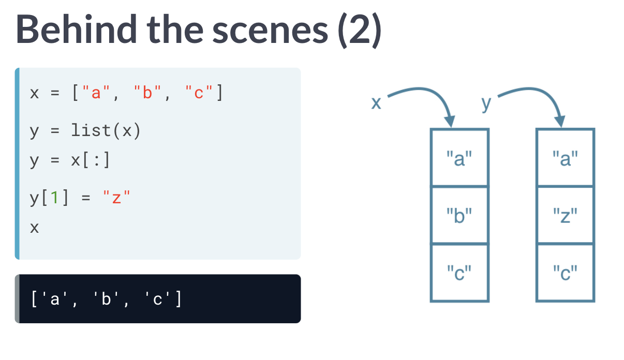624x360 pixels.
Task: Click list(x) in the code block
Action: pos(106,131)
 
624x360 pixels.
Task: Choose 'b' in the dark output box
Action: pos(107,299)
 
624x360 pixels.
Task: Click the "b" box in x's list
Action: pos(459,215)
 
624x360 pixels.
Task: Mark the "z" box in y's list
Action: pos(565,215)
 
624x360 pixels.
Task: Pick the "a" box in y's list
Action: pos(565,158)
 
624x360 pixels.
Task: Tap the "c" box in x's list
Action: pos(459,272)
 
